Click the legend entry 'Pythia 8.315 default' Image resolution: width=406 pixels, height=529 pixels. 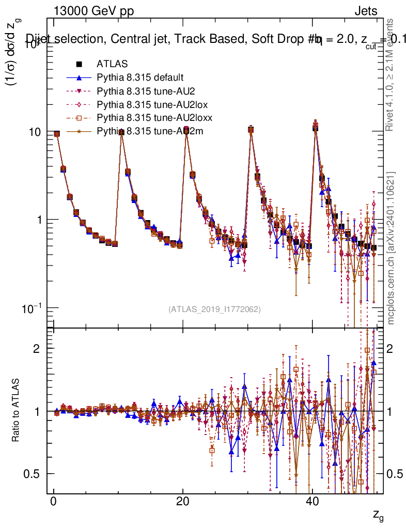click(139, 77)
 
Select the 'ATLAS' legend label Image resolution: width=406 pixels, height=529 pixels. click(108, 64)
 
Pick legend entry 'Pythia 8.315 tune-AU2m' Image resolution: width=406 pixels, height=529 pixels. click(150, 131)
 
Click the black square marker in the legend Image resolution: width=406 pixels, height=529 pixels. click(80, 64)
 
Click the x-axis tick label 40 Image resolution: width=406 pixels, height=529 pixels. click(311, 502)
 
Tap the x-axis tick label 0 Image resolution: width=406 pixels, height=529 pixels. click(53, 502)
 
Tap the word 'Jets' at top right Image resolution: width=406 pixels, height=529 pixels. click(365, 11)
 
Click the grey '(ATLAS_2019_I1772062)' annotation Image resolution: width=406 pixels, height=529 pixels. click(214, 309)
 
